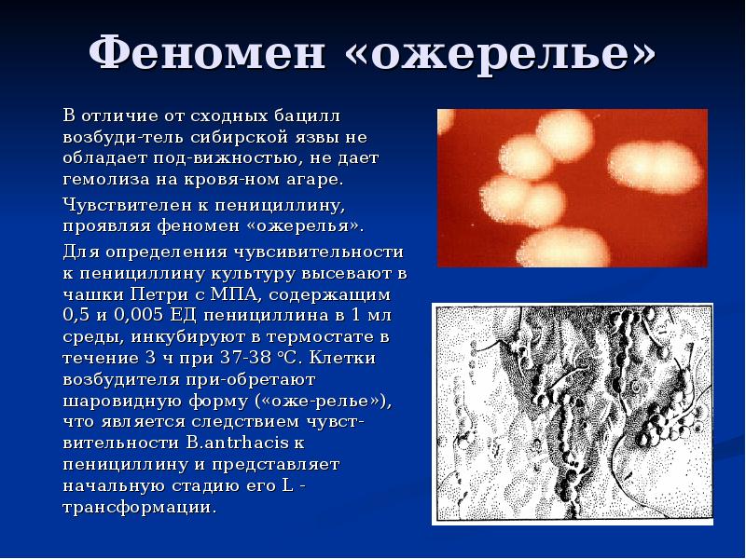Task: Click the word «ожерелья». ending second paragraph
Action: (308, 225)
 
